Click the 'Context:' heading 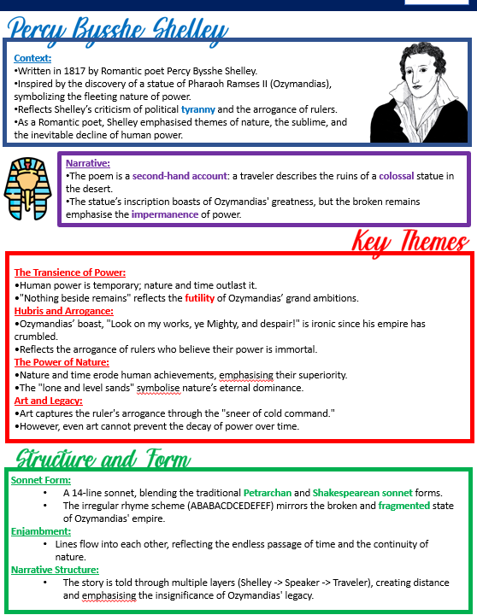pos(32,58)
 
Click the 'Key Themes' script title pos(410,242)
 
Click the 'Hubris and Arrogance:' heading pos(63,311)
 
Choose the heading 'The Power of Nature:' pos(61,362)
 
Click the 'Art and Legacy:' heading pos(48,401)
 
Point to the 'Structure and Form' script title pos(103,459)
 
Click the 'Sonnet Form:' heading pos(41,481)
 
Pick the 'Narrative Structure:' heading pos(55,570)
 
